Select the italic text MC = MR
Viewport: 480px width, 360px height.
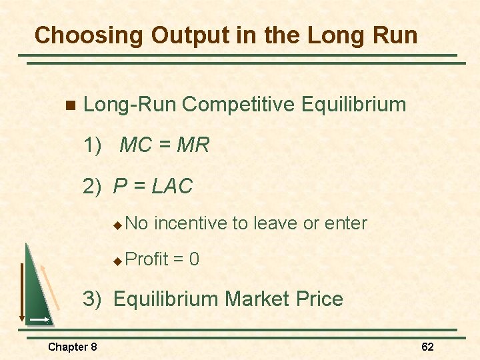coord(164,145)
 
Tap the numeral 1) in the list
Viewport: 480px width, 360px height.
coord(93,145)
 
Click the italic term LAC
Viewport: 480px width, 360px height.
coord(172,187)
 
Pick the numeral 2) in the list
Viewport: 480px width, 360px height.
coord(93,187)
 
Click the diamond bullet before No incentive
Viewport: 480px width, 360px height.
coord(117,224)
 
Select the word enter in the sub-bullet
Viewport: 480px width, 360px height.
coord(345,223)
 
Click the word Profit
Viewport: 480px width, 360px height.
coord(146,259)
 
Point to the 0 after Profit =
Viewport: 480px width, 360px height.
coord(194,259)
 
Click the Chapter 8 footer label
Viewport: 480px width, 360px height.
coord(72,347)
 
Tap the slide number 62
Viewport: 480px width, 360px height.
coord(427,347)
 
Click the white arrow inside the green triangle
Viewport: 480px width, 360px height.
coord(39,320)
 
